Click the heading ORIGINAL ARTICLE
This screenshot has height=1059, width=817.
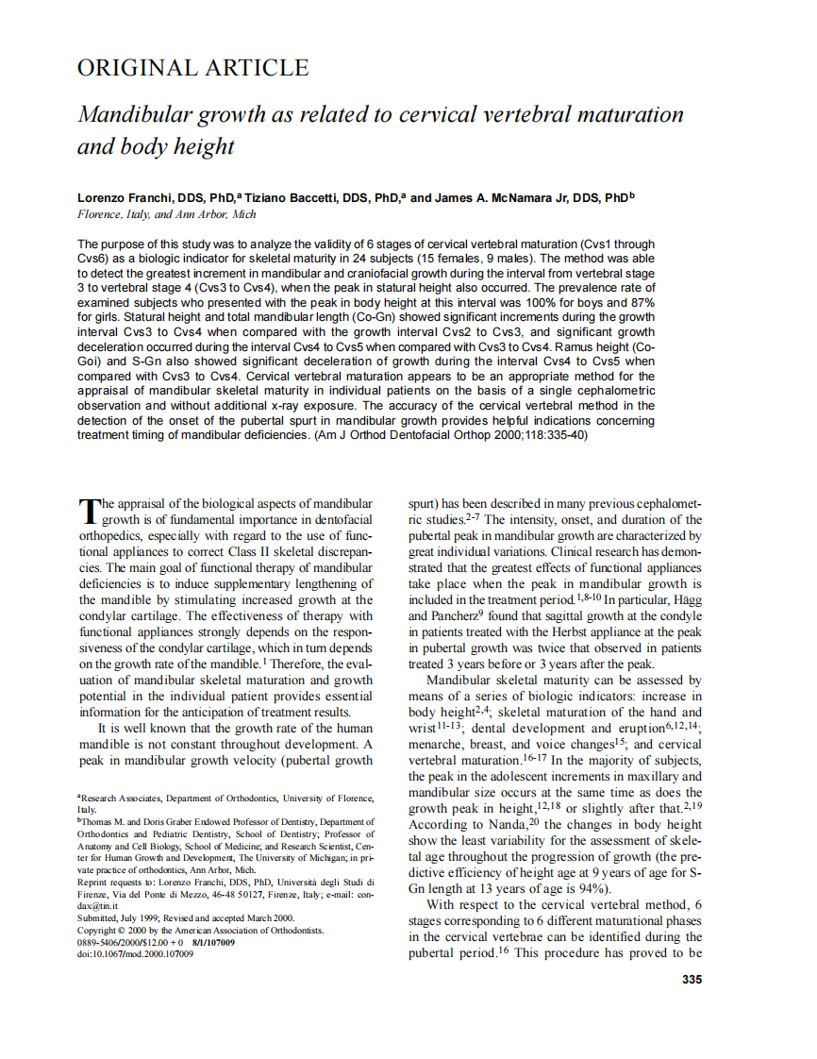[x=192, y=68]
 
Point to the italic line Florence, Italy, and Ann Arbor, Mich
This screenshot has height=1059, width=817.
[x=167, y=214]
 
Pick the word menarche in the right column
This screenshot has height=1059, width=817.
[x=435, y=744]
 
